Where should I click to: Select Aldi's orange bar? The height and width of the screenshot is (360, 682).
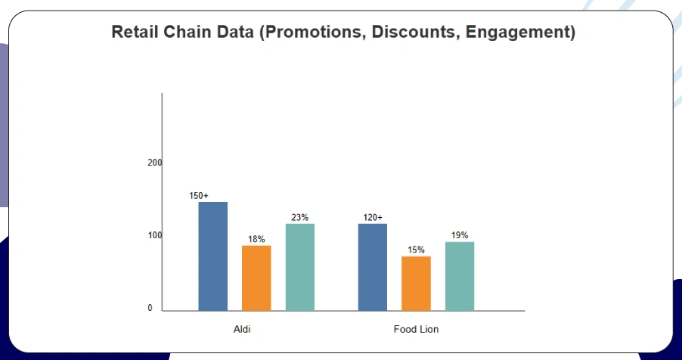[256, 278]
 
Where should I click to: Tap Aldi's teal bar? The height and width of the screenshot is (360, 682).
[300, 266]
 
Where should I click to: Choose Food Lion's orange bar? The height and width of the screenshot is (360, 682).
[416, 283]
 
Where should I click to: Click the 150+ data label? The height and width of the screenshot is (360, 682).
[199, 196]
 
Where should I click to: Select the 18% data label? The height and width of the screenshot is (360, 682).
[256, 240]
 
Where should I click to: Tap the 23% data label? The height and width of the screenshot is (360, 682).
[300, 218]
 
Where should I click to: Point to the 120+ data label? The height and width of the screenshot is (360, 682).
[373, 218]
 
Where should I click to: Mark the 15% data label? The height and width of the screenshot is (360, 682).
[416, 250]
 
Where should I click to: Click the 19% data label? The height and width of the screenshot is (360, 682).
[460, 235]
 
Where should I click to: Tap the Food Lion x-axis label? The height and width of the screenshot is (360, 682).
[416, 330]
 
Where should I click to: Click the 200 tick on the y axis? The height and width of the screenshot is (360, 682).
[155, 163]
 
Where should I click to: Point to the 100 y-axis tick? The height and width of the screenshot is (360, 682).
[155, 235]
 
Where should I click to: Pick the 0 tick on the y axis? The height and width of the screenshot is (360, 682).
[150, 309]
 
